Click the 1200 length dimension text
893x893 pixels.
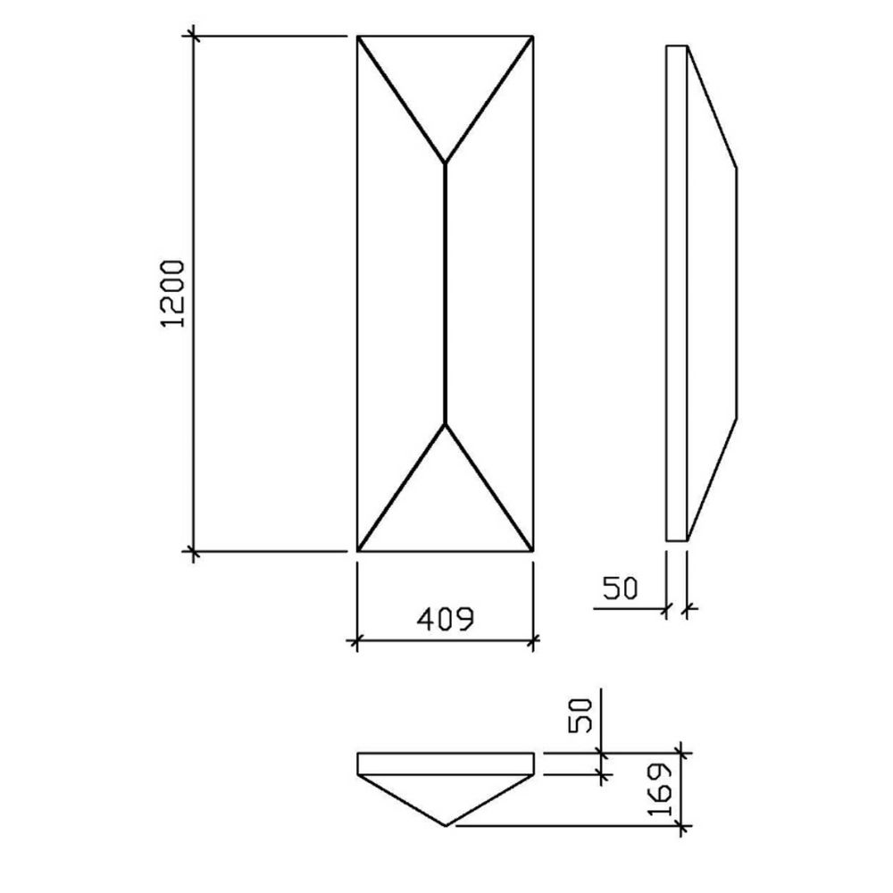pos(173,294)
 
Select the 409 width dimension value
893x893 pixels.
pos(444,619)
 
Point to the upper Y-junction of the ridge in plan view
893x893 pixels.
pos(446,163)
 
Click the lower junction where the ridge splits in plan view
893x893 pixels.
pos(446,423)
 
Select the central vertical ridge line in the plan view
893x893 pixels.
pos(446,294)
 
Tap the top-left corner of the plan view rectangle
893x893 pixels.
pos(358,37)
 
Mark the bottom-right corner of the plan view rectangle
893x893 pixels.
pos(533,552)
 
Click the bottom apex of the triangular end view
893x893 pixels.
pos(446,826)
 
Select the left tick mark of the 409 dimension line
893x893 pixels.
pos(357,639)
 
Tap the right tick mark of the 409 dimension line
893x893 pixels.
pos(534,639)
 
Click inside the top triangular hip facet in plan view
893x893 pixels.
pos(446,80)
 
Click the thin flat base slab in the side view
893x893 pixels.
pos(677,294)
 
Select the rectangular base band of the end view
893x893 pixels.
pos(446,764)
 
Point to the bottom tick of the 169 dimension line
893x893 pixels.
pos(682,826)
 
